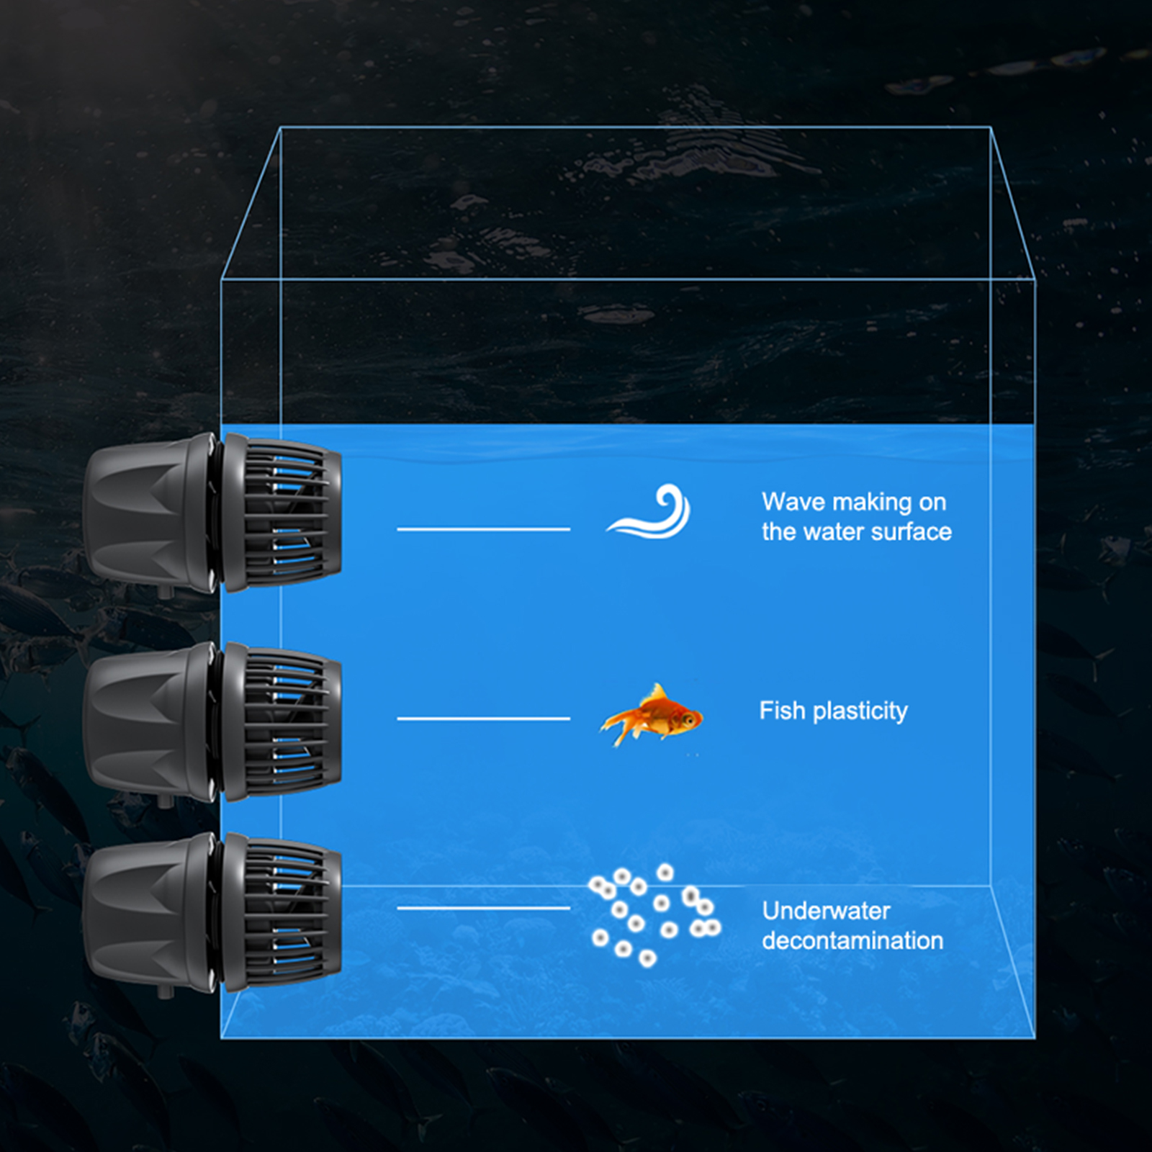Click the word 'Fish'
781,711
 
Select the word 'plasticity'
860,712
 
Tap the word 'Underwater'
826,911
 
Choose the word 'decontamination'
852,941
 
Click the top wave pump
212,513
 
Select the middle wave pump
212,721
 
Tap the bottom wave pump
212,913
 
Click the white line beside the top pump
483,529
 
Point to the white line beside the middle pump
483,719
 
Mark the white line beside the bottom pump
483,908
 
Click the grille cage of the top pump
288,513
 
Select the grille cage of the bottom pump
288,913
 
